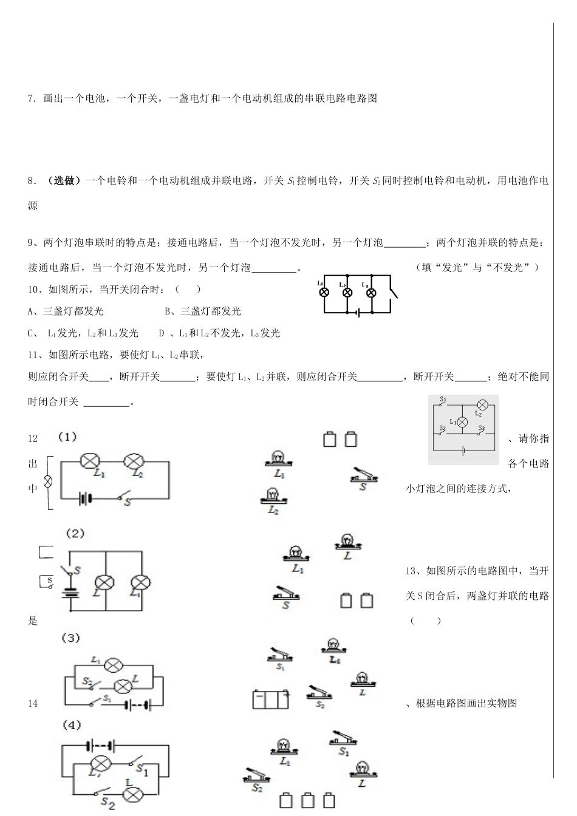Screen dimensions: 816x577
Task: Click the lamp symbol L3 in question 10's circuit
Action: (370, 292)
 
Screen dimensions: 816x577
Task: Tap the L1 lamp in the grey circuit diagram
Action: (462, 422)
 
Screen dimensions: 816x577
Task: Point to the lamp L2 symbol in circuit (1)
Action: (132, 462)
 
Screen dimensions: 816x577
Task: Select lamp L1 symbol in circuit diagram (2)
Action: (141, 582)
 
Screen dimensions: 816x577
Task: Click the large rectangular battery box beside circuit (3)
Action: (270, 699)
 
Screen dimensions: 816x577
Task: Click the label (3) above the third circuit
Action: (71, 638)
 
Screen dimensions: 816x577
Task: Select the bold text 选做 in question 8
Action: (64, 180)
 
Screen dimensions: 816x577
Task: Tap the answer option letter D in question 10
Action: (162, 333)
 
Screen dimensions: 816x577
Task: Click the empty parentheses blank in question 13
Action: (426, 620)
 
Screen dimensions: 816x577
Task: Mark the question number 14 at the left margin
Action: (33, 703)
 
